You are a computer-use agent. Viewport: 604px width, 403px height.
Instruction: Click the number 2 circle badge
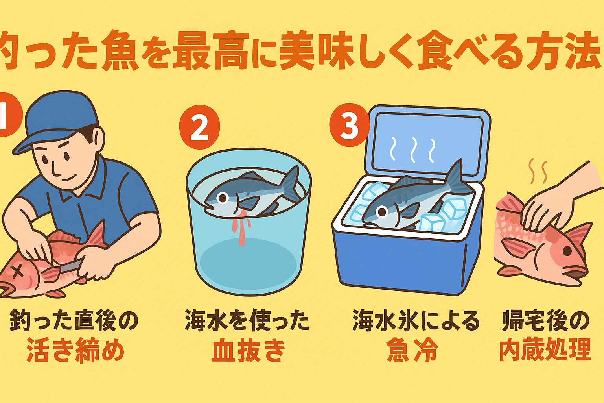199,128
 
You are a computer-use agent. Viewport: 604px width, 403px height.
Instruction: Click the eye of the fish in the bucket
223,198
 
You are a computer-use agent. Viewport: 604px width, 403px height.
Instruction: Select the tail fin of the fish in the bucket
292,183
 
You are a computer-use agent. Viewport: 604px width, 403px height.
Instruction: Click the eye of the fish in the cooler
381,212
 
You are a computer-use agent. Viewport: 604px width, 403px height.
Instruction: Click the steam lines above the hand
539,172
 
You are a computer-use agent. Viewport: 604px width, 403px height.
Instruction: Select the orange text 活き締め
75,351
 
